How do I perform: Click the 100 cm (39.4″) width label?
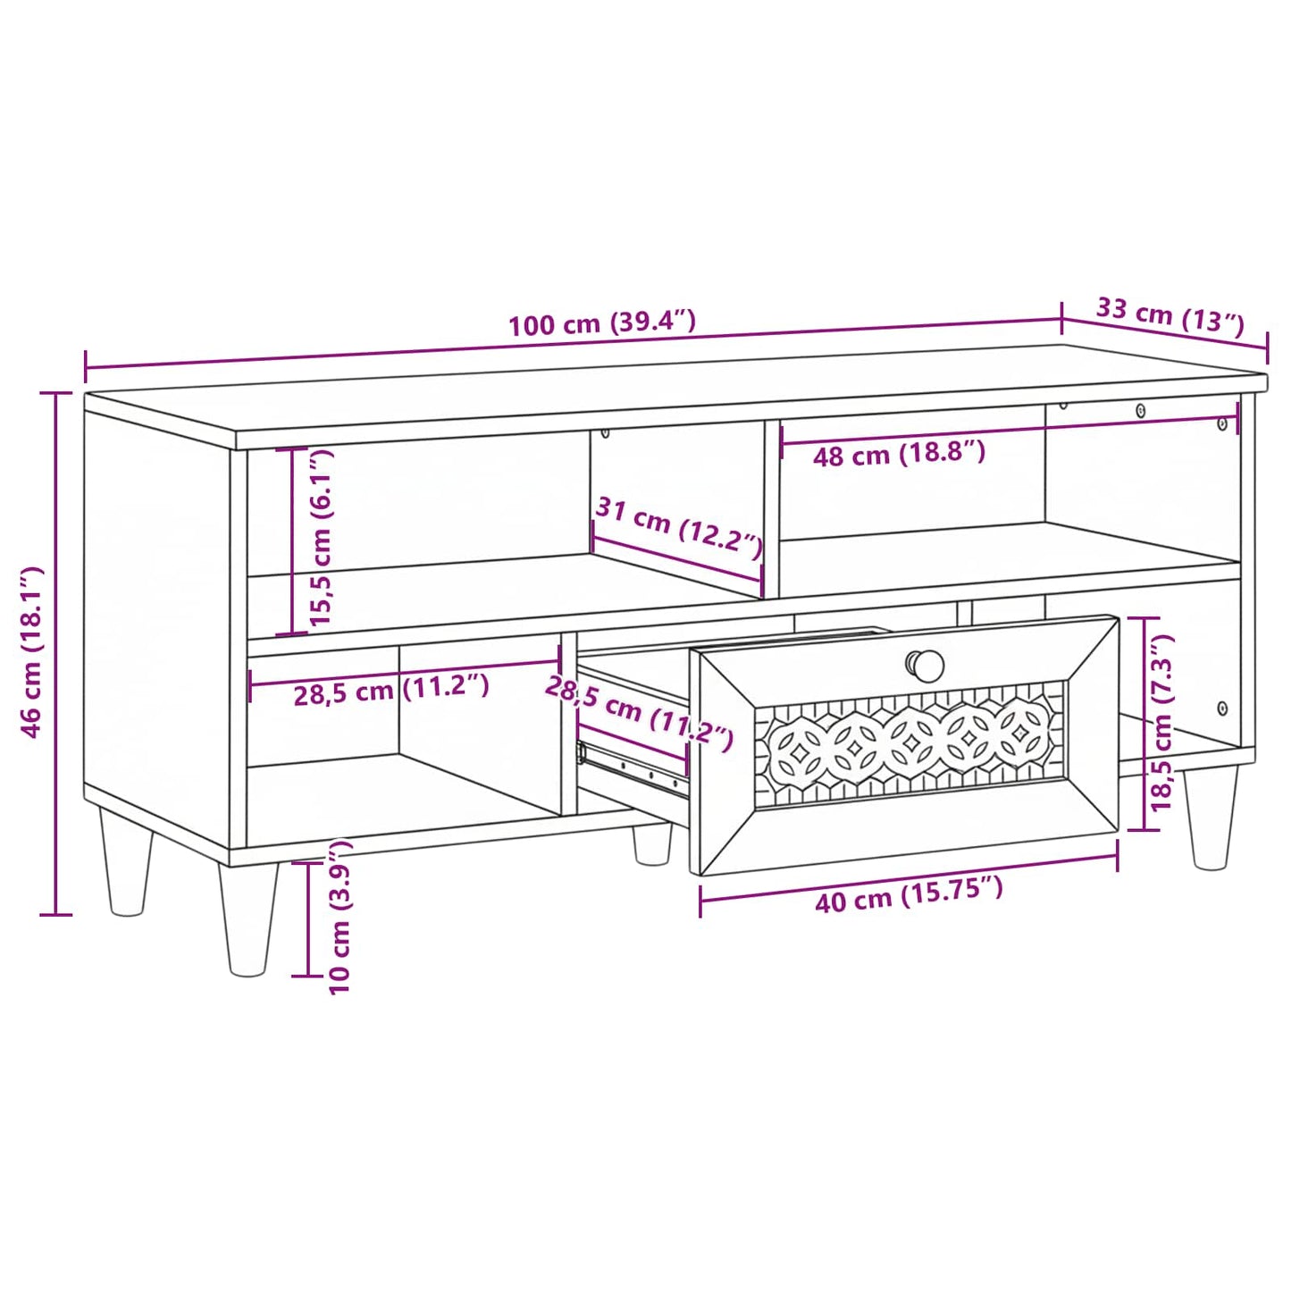(x=602, y=323)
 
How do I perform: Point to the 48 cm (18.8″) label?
(x=899, y=455)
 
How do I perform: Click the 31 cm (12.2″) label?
(x=679, y=527)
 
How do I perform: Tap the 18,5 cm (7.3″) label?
(x=1161, y=723)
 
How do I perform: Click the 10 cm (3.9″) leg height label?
(x=340, y=918)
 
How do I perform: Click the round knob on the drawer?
(x=926, y=666)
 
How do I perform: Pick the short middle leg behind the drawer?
(x=652, y=843)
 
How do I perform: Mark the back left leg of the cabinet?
(x=126, y=861)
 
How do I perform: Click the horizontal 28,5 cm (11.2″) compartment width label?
(x=391, y=690)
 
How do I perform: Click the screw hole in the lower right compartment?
(x=1222, y=708)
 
